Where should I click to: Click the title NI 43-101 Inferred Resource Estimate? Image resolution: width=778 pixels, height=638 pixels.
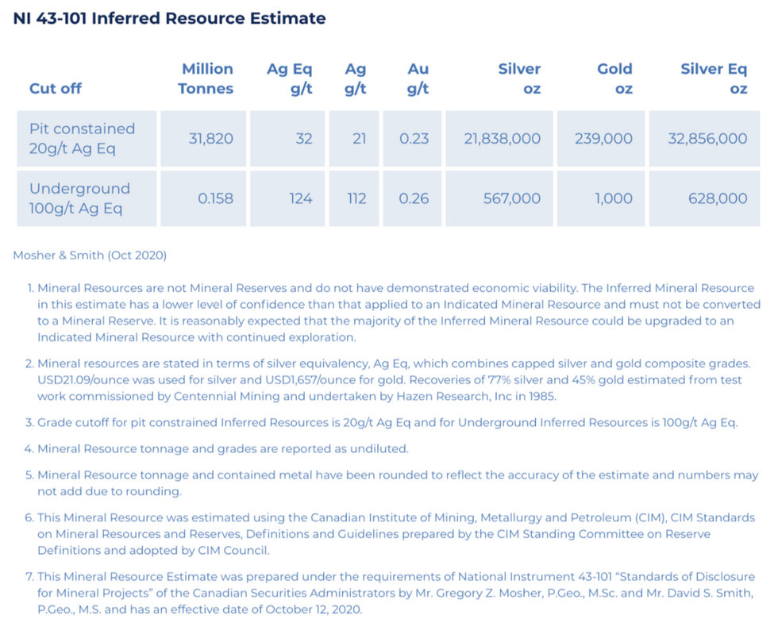point(169,18)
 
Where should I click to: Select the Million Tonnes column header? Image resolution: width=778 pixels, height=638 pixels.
point(206,79)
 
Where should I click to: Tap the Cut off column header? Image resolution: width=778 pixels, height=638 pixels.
point(56,88)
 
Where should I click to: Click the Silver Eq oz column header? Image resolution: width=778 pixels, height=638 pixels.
point(714,79)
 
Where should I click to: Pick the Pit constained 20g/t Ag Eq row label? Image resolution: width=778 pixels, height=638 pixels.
point(82,138)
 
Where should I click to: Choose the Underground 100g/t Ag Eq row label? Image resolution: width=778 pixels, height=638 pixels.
point(79,198)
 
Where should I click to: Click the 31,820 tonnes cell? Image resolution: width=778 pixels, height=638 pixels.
point(210,139)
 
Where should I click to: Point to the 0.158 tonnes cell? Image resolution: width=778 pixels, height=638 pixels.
point(215,198)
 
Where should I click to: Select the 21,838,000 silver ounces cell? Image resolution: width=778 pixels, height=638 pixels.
point(502,139)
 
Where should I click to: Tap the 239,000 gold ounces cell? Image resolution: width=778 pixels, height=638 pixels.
point(603,139)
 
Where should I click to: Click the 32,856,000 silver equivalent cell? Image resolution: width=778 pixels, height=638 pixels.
point(707,139)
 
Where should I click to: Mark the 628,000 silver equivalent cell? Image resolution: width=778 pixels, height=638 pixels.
point(718,198)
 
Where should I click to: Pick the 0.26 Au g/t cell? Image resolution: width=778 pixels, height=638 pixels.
point(413,198)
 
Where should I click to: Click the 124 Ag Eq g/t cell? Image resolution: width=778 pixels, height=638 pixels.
point(300,198)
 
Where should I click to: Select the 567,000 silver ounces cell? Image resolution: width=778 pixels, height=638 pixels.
point(511,198)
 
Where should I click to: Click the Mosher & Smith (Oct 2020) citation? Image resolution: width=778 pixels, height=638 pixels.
point(90,256)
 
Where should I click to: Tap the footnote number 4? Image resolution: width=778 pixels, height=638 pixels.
point(29,449)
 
